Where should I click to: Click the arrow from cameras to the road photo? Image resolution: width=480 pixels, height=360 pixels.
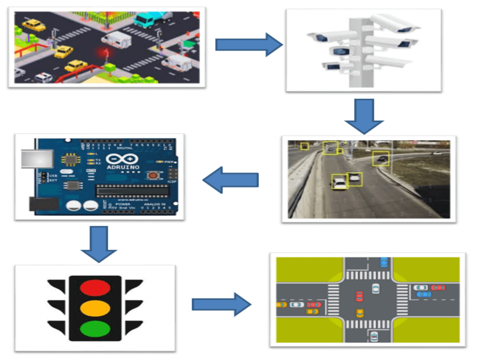click(x=364, y=116)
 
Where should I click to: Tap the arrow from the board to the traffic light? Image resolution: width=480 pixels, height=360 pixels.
click(x=98, y=244)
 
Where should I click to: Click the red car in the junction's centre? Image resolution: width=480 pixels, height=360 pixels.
click(x=359, y=295)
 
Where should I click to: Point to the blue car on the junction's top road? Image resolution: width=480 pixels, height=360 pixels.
click(x=383, y=262)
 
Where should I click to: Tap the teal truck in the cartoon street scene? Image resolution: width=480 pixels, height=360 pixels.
click(x=146, y=20)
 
